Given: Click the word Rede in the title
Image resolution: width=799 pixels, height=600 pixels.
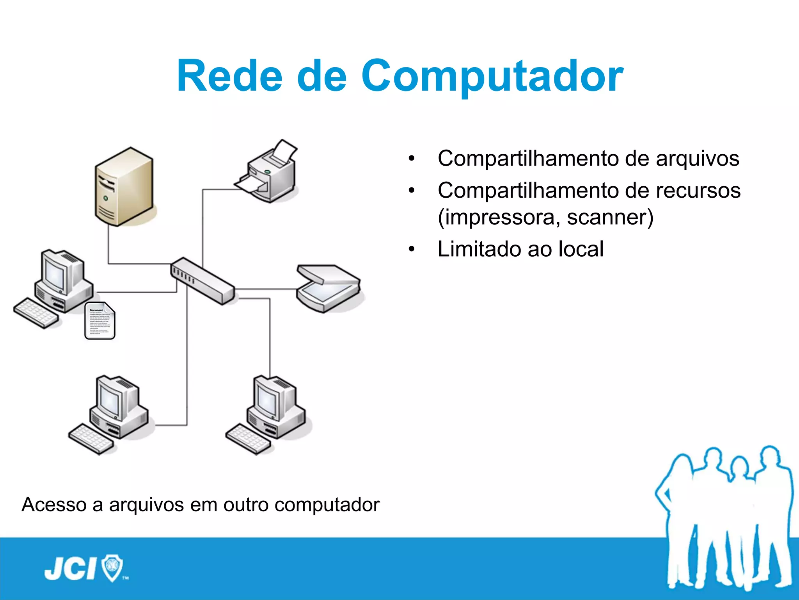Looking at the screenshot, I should point(229,76).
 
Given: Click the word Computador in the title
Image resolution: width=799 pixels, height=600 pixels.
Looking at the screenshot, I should point(492,77).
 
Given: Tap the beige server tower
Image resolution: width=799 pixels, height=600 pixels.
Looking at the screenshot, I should point(124,186).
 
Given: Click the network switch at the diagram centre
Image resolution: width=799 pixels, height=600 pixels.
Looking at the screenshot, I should point(202,280).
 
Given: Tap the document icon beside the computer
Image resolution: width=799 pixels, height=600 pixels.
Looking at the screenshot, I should point(100,320).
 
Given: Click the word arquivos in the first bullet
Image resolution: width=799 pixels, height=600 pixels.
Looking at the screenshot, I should point(697,159).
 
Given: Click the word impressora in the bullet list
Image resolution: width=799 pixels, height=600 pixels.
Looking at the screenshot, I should point(499,217).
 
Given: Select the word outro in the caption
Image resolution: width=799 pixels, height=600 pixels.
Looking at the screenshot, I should point(245,504).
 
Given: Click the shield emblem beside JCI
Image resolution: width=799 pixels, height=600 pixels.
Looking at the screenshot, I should point(112,567).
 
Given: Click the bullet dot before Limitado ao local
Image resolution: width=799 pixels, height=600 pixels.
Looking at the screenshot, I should point(412,250).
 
